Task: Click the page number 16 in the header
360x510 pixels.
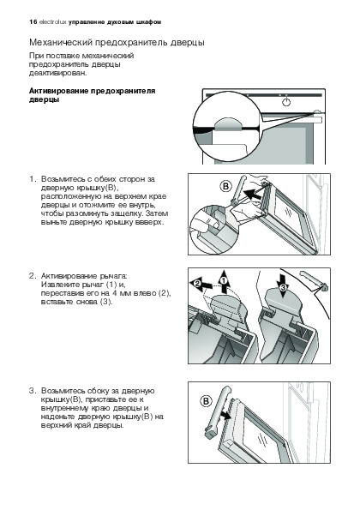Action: pos(33,22)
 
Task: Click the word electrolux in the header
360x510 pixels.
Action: pos(52,22)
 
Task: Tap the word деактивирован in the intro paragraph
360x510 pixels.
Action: pos(58,73)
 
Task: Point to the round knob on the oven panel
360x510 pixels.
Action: pos(285,103)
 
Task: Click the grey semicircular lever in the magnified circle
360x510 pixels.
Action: pos(228,124)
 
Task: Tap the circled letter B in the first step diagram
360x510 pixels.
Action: pos(225,187)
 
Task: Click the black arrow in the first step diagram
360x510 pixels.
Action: pos(252,195)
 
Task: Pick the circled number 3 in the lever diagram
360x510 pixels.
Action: pos(283,286)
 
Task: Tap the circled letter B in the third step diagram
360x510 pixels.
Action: pos(206,401)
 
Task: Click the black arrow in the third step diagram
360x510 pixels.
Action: pos(225,415)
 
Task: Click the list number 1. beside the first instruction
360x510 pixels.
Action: pos(33,179)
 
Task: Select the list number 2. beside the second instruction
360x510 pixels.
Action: pos(33,276)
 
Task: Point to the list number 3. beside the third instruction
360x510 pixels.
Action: pos(33,391)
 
